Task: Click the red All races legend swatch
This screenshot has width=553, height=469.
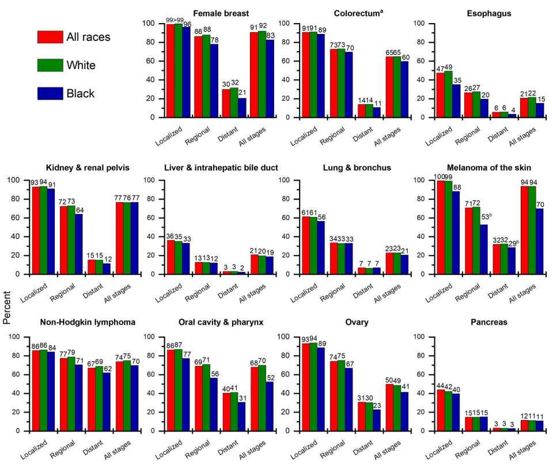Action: tap(50, 37)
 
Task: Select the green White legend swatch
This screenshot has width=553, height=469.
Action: tap(50, 65)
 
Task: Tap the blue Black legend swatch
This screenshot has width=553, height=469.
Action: tap(50, 93)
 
